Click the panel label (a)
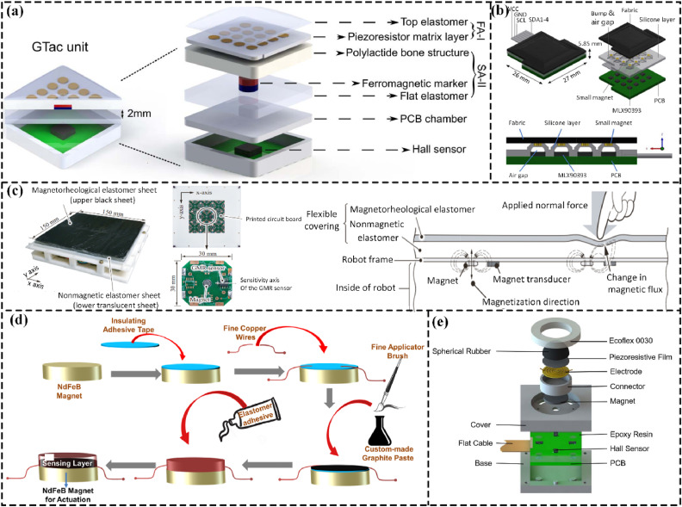[19, 14]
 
